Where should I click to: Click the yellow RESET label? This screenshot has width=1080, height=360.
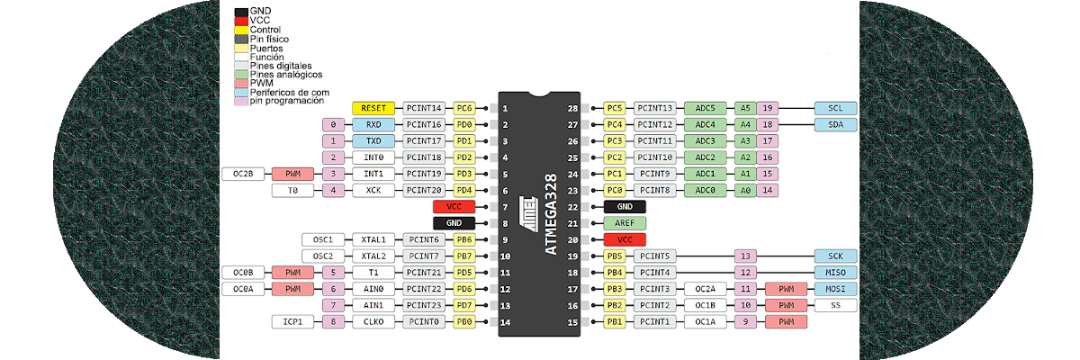pyautogui.click(x=373, y=108)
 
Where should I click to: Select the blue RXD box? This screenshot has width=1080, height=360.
pyautogui.click(x=373, y=124)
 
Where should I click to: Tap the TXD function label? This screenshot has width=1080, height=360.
pyautogui.click(x=373, y=141)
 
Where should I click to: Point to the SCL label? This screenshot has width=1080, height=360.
pyautogui.click(x=835, y=108)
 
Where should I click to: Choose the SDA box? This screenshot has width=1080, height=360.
pyautogui.click(x=835, y=124)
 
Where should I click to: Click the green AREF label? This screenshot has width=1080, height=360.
pyautogui.click(x=625, y=223)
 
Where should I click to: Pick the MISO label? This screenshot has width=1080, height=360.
pyautogui.click(x=835, y=273)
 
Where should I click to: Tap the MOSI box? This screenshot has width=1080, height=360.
pyautogui.click(x=835, y=289)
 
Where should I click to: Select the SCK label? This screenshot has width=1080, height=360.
pyautogui.click(x=835, y=256)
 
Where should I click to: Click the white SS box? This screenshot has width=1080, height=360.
pyautogui.click(x=835, y=305)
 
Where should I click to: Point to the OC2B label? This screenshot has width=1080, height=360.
pyautogui.click(x=243, y=174)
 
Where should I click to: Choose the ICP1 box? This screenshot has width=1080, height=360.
pyautogui.click(x=292, y=321)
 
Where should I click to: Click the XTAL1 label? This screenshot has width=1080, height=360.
pyautogui.click(x=373, y=239)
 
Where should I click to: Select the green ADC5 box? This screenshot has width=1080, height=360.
pyautogui.click(x=706, y=108)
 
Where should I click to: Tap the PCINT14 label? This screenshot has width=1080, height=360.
pyautogui.click(x=423, y=108)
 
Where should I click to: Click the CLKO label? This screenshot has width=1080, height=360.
pyautogui.click(x=373, y=321)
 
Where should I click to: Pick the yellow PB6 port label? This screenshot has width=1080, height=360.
pyautogui.click(x=464, y=239)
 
